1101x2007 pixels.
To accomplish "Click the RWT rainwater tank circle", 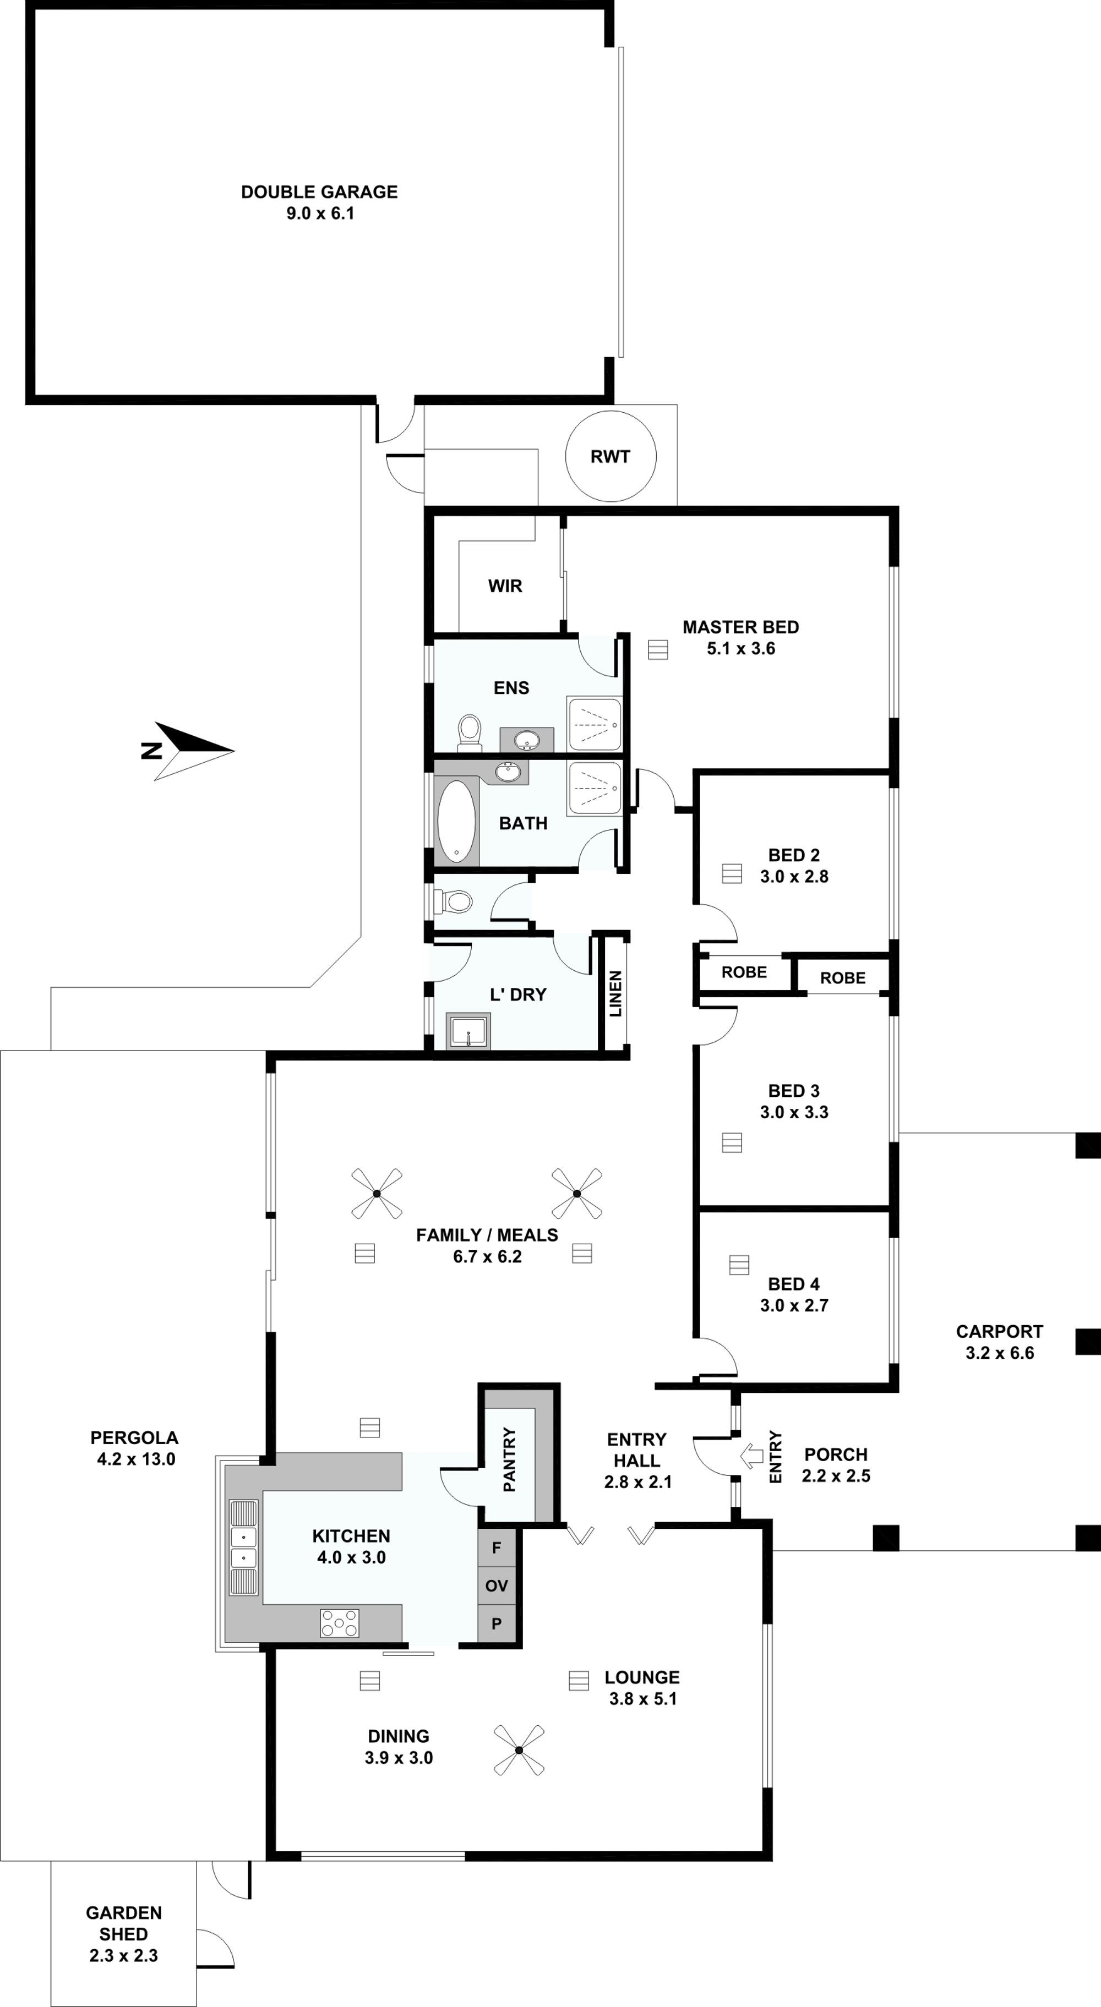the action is coord(610,412).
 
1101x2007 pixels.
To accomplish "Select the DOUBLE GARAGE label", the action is coord(319,192).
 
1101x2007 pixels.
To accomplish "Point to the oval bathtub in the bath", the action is coord(456,821).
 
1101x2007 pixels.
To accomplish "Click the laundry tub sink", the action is coord(468,1031).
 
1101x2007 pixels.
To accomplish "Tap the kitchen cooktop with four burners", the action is coord(340,1623).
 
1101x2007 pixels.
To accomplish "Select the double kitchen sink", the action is coord(244,1547).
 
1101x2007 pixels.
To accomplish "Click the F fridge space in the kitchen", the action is coord(497,1547).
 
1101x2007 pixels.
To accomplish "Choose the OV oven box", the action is coord(497,1585).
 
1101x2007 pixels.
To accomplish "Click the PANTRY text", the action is coord(509,1459).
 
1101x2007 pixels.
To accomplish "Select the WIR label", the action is coord(505,586).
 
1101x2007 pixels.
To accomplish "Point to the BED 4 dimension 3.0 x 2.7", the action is coord(794,1305).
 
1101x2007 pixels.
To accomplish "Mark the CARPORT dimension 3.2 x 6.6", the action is coord(1000,1353).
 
